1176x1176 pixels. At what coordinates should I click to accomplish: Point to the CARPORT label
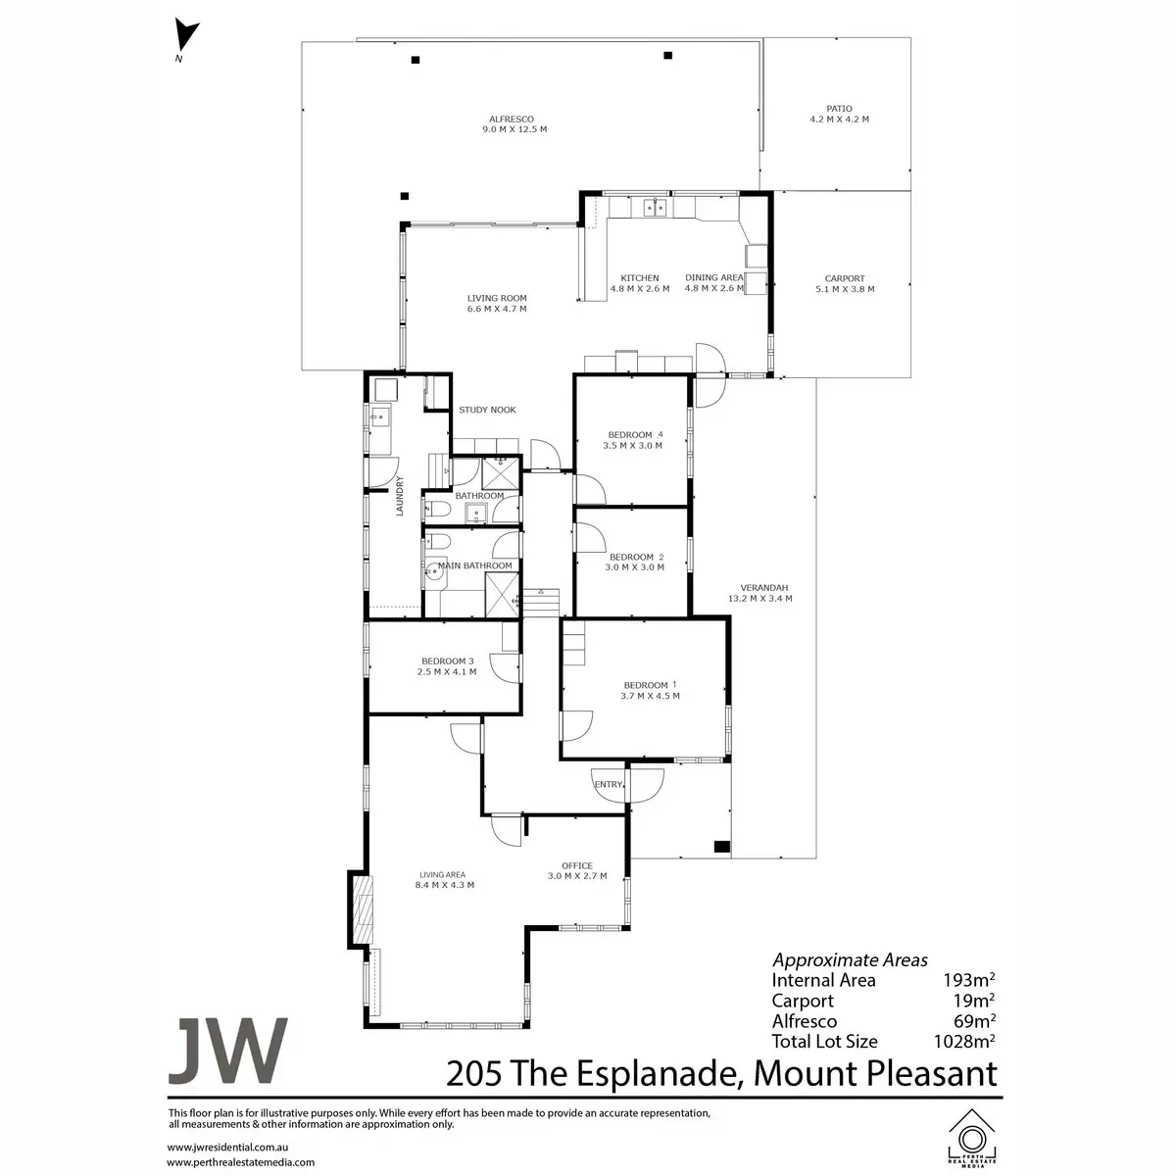844,278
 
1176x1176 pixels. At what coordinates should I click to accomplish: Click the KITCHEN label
639,278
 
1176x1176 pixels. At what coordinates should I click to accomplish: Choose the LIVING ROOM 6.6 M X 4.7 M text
497,304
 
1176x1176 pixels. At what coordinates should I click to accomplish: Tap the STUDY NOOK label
487,410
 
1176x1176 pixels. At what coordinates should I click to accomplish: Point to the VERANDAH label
759,588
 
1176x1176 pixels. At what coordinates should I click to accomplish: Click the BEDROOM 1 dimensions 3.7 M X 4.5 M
650,696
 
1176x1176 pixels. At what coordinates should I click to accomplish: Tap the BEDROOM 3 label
447,661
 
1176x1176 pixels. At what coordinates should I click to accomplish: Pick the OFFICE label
577,865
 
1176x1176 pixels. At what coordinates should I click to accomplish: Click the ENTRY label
608,784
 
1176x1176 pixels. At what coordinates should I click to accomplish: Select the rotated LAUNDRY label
400,495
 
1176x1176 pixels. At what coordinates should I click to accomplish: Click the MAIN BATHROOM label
475,565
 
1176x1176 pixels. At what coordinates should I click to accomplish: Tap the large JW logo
228,1051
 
